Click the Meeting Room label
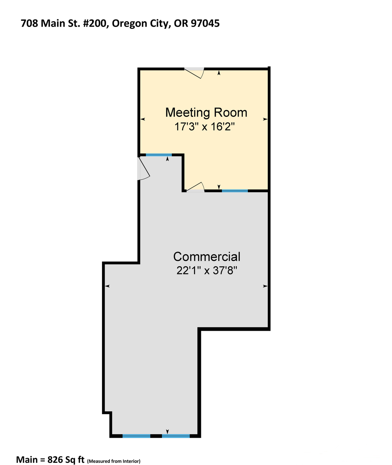[206, 113]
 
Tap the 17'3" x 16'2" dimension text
[205, 127]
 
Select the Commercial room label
[207, 257]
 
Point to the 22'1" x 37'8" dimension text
[207, 271]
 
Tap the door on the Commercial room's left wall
[143, 168]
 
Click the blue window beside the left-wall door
[159, 155]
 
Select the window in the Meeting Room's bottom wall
[235, 191]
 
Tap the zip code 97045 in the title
[205, 23]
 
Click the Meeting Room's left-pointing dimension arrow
[143, 119]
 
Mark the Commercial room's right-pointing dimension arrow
[265, 286]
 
